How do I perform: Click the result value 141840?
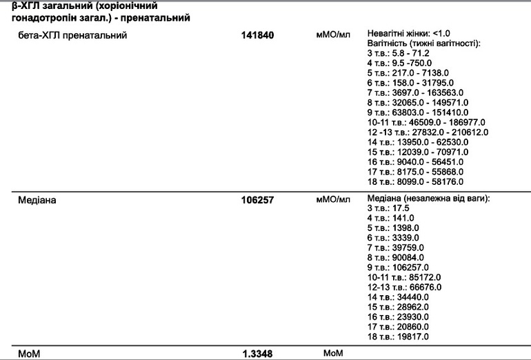point(258,34)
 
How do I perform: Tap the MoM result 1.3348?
point(258,354)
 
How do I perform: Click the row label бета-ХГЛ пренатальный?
point(72,34)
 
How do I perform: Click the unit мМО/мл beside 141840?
point(333,34)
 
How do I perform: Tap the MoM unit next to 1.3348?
point(333,353)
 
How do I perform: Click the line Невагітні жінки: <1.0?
point(409,33)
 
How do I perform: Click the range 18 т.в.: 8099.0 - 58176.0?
point(416,181)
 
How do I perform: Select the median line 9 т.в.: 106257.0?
point(399,268)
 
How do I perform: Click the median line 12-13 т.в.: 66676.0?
point(405,287)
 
